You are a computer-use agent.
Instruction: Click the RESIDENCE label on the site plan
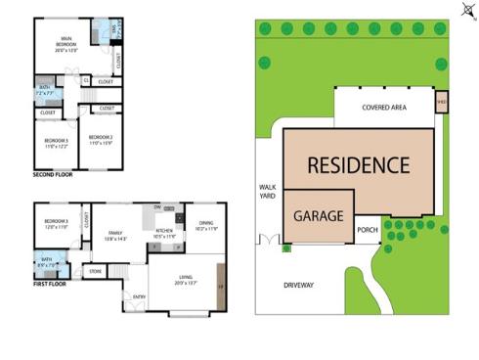point(359,164)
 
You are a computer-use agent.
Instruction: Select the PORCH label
point(368,232)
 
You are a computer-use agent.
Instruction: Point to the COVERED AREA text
point(383,108)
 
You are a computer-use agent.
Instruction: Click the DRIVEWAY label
point(298,286)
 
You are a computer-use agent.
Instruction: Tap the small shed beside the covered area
point(441,101)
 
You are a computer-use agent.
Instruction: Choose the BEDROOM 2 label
point(101,139)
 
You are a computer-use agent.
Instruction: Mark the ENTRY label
point(139,295)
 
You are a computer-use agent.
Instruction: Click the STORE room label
point(96,270)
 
